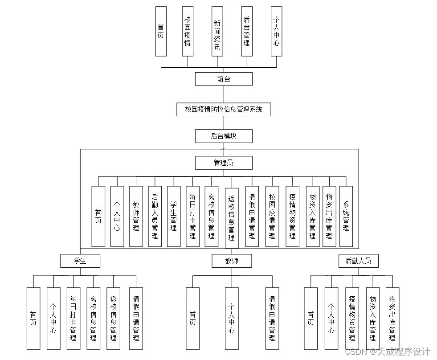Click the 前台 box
click(224, 79)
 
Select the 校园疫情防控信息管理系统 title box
click(224, 109)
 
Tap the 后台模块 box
click(224, 136)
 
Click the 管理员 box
click(224, 163)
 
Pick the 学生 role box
click(80, 261)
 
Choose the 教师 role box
click(232, 261)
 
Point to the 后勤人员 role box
click(358, 261)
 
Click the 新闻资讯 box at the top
click(217, 31)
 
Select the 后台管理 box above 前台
click(247, 31)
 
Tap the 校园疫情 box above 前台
click(188, 31)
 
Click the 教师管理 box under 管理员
click(136, 217)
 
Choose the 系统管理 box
click(346, 217)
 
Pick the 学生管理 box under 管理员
click(174, 217)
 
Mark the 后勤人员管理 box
click(155, 217)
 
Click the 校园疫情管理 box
click(272, 217)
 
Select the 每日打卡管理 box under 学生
click(74, 318)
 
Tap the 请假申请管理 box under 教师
click(272, 318)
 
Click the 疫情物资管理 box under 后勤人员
click(352, 318)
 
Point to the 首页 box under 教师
click(192, 318)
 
